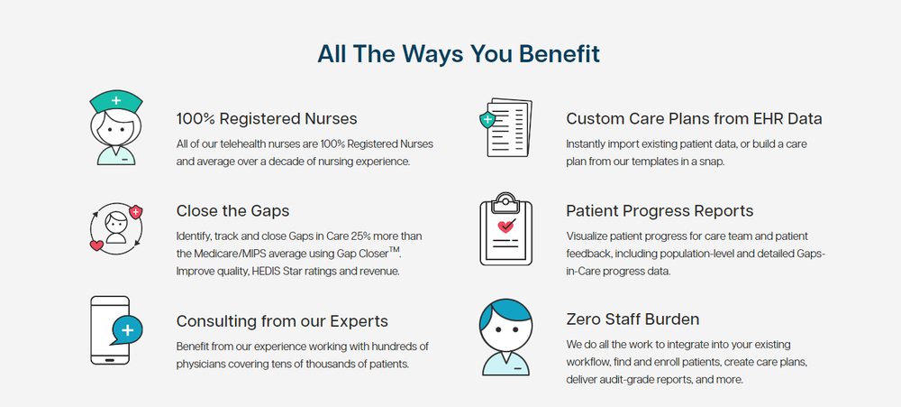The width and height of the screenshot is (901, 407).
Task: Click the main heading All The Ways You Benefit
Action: (459, 54)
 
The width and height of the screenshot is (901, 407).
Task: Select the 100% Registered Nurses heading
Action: (267, 119)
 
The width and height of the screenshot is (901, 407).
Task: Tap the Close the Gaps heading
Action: (232, 211)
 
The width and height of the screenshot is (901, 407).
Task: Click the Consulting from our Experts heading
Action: (282, 320)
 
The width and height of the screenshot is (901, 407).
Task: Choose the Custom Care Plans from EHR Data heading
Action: (694, 119)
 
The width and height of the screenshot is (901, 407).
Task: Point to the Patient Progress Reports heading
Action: (660, 211)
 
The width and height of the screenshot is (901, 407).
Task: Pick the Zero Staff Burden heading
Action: (633, 319)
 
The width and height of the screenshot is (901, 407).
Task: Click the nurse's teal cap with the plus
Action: (114, 98)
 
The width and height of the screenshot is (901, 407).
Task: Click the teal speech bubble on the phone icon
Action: (127, 330)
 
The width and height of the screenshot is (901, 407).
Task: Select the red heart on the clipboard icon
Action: (505, 227)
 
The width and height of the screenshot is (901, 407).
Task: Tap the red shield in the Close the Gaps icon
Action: (136, 212)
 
